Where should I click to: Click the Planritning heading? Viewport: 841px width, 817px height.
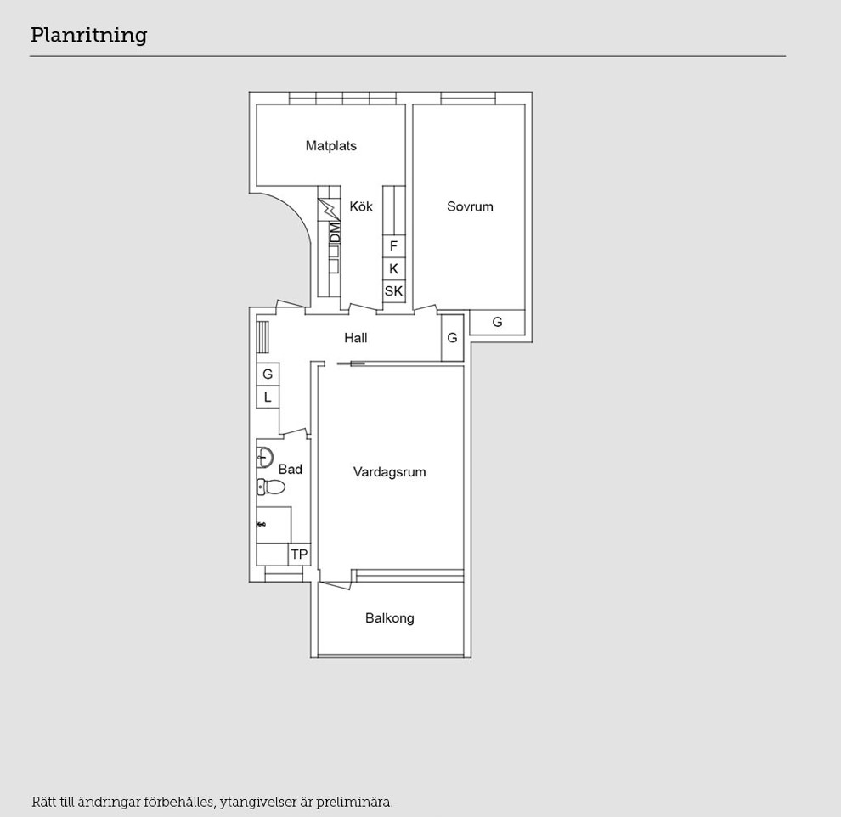click(88, 36)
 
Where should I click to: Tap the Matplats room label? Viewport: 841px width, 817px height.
click(331, 146)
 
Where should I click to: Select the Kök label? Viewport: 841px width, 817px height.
click(361, 206)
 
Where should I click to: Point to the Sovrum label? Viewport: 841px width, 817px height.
click(470, 206)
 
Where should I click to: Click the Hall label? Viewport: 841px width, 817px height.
click(356, 338)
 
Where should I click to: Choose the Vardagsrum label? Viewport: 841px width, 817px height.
click(389, 472)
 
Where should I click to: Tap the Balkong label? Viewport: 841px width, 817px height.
click(389, 618)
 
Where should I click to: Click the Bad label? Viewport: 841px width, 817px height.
click(291, 470)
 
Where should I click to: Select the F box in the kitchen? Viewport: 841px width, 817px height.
click(393, 246)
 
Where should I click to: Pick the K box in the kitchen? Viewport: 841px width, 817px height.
click(393, 268)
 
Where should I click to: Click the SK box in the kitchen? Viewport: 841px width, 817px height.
click(393, 291)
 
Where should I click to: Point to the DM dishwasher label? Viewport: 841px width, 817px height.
click(335, 234)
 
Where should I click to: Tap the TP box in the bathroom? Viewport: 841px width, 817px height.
click(299, 555)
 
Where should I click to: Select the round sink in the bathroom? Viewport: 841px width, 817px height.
click(265, 457)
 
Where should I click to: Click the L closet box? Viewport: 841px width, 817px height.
click(268, 397)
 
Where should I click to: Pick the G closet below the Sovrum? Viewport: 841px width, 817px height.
click(497, 322)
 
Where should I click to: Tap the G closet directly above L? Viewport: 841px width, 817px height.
click(268, 375)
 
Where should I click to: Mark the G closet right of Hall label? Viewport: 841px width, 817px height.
click(452, 338)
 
